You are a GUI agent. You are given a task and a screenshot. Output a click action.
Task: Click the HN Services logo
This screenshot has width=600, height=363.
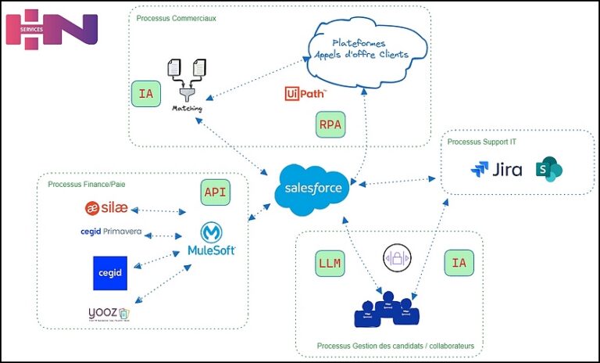tap(52, 27)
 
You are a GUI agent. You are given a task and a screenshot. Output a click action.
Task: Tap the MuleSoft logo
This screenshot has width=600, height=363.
tap(212, 239)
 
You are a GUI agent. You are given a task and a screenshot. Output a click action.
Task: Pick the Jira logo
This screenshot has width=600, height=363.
tap(497, 169)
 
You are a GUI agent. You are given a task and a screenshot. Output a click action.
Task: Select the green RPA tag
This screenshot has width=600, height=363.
tap(330, 124)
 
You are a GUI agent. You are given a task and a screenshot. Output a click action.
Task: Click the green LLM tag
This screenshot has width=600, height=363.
tap(329, 264)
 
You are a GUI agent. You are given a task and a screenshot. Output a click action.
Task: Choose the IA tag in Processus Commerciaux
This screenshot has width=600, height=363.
tap(145, 95)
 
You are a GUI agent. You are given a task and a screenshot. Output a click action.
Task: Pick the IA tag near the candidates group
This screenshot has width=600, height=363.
tap(459, 264)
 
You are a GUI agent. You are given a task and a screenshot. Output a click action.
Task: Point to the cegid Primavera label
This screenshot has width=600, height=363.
tap(111, 232)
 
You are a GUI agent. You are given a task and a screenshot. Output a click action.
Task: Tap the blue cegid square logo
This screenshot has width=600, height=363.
tap(109, 272)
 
